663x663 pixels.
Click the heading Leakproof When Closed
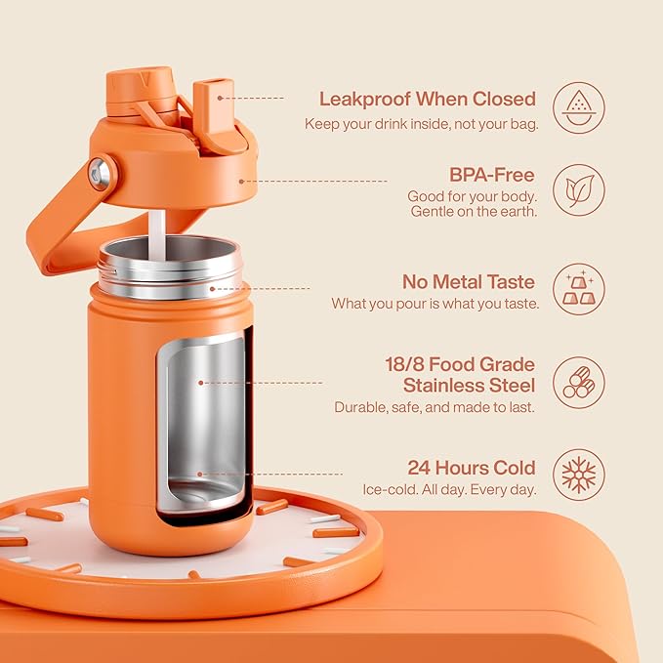pyautogui.click(x=428, y=99)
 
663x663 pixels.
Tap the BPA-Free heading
pyautogui.click(x=492, y=175)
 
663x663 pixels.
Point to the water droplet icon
pyautogui.click(x=579, y=107)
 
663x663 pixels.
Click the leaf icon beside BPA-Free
pyautogui.click(x=579, y=189)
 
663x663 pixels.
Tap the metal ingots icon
pyautogui.click(x=579, y=289)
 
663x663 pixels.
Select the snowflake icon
pyautogui.click(x=579, y=476)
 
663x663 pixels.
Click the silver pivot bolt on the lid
pyautogui.click(x=100, y=176)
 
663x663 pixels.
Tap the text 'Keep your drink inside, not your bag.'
pyautogui.click(x=421, y=123)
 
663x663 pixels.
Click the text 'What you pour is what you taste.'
pyautogui.click(x=435, y=304)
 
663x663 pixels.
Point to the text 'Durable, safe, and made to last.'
pyautogui.click(x=435, y=407)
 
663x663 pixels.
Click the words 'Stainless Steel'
pyautogui.click(x=470, y=385)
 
